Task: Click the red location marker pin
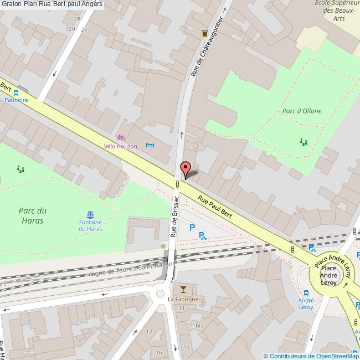click(x=186, y=168)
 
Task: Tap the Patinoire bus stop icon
click(x=16, y=93)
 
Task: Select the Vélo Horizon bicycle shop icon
click(x=120, y=137)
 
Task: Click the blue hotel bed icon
click(x=150, y=145)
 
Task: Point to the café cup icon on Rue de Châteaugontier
click(x=205, y=32)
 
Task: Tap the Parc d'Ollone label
click(x=302, y=111)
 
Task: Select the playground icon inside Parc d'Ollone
click(x=303, y=142)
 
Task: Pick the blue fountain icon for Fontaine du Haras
click(x=90, y=215)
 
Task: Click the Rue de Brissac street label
click(x=175, y=216)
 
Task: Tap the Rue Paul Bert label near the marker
click(x=215, y=207)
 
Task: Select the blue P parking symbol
click(x=192, y=227)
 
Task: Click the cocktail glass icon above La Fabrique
click(x=183, y=289)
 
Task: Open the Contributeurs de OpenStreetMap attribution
click(x=311, y=356)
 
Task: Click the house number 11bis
click(x=196, y=326)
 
